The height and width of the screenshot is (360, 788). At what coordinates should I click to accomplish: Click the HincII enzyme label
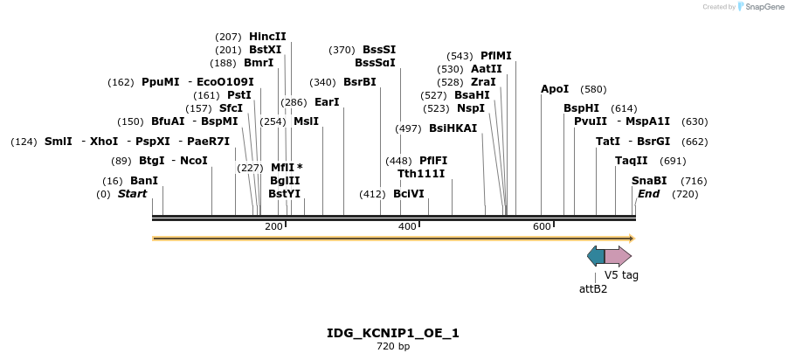pos(267,37)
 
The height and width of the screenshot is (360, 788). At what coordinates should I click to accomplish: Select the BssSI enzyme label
pos(379,50)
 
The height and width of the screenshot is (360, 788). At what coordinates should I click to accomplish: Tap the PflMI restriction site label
pos(496,56)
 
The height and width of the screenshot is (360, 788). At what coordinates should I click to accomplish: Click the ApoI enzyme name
pos(555,89)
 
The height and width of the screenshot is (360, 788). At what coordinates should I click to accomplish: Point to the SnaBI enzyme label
pos(649,181)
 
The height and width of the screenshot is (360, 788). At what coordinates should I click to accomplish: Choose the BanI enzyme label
pos(144,181)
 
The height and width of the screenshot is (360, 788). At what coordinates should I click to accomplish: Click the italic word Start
pos(133,194)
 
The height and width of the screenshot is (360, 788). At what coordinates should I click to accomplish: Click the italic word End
pos(648,194)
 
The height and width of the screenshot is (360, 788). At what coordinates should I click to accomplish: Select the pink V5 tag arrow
pos(619,256)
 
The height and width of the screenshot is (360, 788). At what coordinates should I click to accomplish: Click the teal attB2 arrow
pos(596,256)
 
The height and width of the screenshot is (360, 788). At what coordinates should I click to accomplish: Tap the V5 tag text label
pos(621,275)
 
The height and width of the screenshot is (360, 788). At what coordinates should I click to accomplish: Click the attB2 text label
pos(593,288)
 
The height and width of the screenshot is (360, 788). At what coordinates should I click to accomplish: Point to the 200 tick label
pos(273,226)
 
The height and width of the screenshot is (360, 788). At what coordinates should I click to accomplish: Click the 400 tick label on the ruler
pos(407,226)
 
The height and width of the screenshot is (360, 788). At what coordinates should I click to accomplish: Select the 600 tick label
pos(542,226)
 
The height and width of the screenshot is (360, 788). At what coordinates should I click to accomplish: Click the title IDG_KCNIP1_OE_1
pos(393,333)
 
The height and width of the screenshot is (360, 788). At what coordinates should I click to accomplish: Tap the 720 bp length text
pos(393,347)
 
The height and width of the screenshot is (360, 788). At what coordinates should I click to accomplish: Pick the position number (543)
pos(460,56)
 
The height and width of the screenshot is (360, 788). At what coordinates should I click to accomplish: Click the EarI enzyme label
pos(327,102)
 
